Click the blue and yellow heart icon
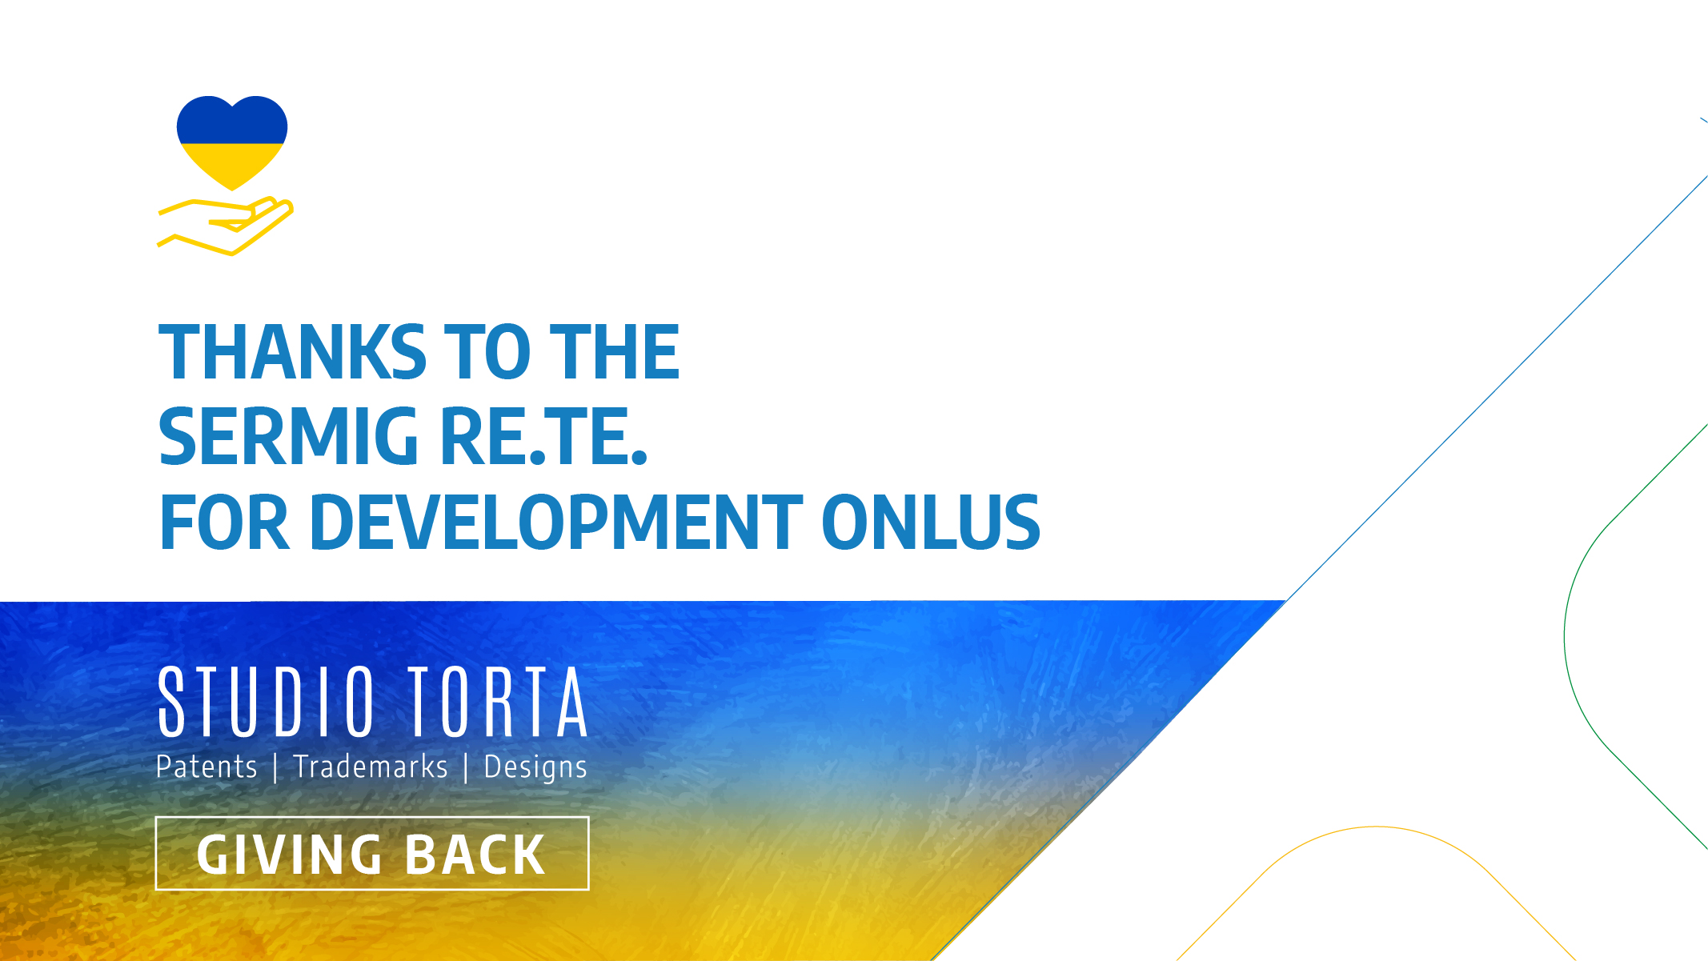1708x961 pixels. tap(232, 142)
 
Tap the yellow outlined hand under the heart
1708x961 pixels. tap(227, 226)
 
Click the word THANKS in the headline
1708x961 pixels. tap(293, 352)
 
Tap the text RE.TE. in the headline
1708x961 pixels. tap(543, 437)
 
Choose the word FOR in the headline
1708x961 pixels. tap(224, 523)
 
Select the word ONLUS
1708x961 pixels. tap(931, 523)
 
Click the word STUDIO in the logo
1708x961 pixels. tap(267, 702)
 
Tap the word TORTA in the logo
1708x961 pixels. tap(498, 702)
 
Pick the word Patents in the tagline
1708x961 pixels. tap(206, 767)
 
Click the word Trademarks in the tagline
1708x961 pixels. tap(371, 767)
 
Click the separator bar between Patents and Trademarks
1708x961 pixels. tap(275, 768)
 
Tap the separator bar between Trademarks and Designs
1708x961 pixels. tap(466, 768)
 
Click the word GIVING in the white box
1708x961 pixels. tap(290, 855)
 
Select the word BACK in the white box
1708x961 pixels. tap(475, 855)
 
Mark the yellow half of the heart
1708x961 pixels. tap(232, 164)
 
